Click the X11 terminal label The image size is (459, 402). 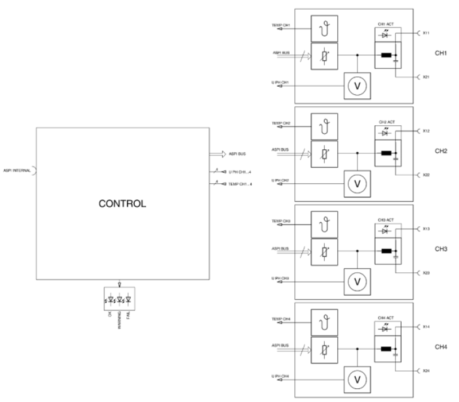pyautogui.click(x=426, y=33)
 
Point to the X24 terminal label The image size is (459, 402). pyautogui.click(x=426, y=371)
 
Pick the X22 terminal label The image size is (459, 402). pyautogui.click(x=426, y=175)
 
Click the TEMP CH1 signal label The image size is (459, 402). pyautogui.click(x=282, y=26)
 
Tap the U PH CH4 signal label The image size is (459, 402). pyautogui.click(x=281, y=377)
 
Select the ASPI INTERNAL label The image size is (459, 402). pyautogui.click(x=16, y=170)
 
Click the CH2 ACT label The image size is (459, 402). pyautogui.click(x=387, y=122)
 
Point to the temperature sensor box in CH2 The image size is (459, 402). pyautogui.click(x=324, y=126)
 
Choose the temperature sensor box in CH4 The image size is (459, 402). pyautogui.click(x=324, y=323)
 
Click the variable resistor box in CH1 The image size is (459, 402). pyautogui.click(x=324, y=56)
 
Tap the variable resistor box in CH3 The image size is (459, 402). pyautogui.click(x=324, y=253)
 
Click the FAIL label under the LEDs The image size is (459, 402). pyautogui.click(x=128, y=313)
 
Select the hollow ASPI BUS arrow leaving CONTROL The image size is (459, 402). pyautogui.click(x=219, y=154)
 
